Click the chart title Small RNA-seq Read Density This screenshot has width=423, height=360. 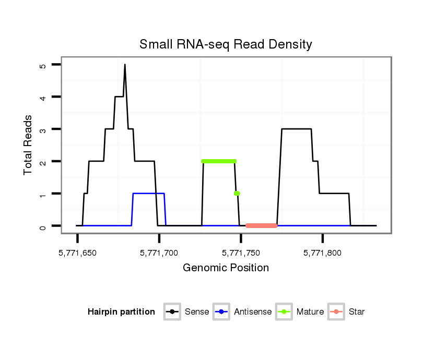point(226,44)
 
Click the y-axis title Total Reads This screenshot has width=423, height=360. point(28,145)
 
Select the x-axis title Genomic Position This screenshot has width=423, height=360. point(226,268)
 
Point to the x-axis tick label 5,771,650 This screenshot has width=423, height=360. point(77,253)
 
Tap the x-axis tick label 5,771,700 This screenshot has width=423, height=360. point(159,253)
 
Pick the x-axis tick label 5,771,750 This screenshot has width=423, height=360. point(241,253)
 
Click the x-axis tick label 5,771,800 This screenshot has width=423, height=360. point(323,253)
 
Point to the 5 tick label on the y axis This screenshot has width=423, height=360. point(42,65)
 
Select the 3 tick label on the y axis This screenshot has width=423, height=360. point(42,129)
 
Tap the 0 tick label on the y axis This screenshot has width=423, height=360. point(42,226)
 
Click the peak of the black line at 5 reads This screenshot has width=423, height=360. point(125,65)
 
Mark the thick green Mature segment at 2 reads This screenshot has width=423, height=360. point(218,161)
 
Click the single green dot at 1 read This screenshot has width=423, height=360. point(237,194)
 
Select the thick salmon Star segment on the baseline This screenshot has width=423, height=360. point(261,226)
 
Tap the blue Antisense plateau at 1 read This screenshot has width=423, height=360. point(149,194)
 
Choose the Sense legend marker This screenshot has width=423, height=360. point(172,312)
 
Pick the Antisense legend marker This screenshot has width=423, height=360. point(221,312)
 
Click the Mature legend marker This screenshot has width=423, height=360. point(284,312)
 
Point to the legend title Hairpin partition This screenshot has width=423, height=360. point(121,312)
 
